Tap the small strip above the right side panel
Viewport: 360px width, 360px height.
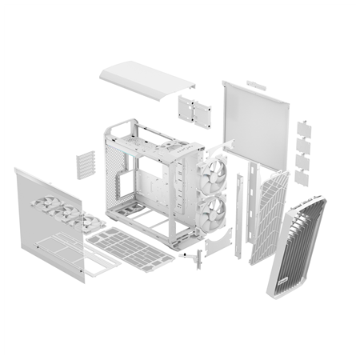(256, 84)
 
